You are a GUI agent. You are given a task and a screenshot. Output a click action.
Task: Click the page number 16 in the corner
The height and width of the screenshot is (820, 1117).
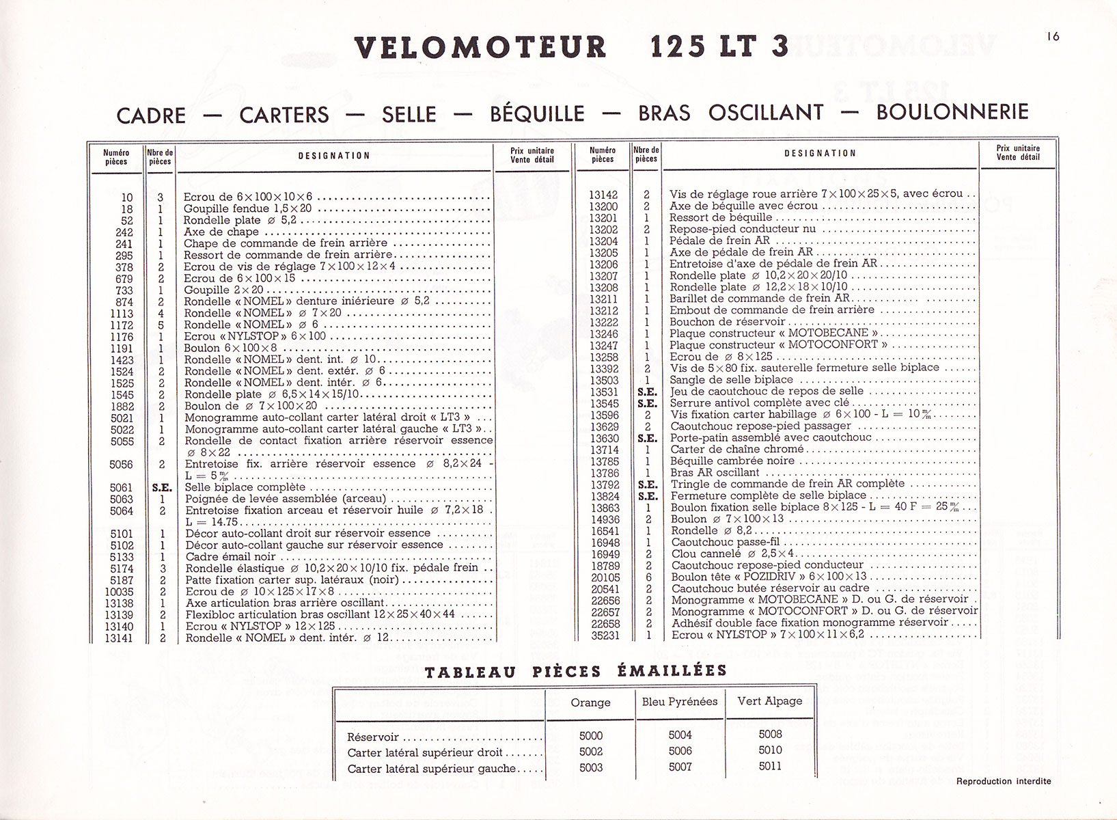(x=1053, y=37)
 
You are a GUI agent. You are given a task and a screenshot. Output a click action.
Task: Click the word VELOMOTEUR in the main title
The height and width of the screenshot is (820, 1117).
(x=480, y=48)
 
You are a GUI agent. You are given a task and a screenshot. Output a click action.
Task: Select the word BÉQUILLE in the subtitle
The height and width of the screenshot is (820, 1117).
(x=537, y=113)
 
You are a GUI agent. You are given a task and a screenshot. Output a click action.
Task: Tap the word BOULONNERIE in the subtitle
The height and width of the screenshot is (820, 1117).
(x=952, y=111)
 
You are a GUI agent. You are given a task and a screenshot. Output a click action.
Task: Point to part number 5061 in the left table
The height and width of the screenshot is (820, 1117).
(x=121, y=488)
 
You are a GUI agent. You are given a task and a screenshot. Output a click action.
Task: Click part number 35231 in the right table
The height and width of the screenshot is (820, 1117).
(x=604, y=635)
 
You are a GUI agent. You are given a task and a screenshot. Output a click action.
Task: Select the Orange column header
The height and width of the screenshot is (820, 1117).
(x=590, y=702)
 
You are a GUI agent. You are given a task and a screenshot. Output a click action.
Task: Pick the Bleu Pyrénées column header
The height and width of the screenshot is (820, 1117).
(x=680, y=701)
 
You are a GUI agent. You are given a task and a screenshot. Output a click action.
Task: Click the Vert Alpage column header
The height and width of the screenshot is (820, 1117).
(x=770, y=701)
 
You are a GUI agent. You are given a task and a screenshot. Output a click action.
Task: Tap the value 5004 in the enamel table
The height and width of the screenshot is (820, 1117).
(x=680, y=735)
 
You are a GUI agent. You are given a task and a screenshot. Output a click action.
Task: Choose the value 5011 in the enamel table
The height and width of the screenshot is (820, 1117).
(x=770, y=766)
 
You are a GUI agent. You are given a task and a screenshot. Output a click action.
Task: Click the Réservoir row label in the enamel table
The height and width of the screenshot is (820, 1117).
(x=373, y=737)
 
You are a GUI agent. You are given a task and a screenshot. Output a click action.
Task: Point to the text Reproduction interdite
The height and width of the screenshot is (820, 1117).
(x=1004, y=781)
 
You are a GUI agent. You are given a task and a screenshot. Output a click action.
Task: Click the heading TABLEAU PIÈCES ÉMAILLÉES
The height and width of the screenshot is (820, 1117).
(x=576, y=672)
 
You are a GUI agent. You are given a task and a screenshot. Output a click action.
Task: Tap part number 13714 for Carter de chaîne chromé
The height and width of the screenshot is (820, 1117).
(x=604, y=450)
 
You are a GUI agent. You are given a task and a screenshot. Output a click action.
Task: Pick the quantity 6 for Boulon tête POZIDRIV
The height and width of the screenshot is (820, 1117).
(x=647, y=577)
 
